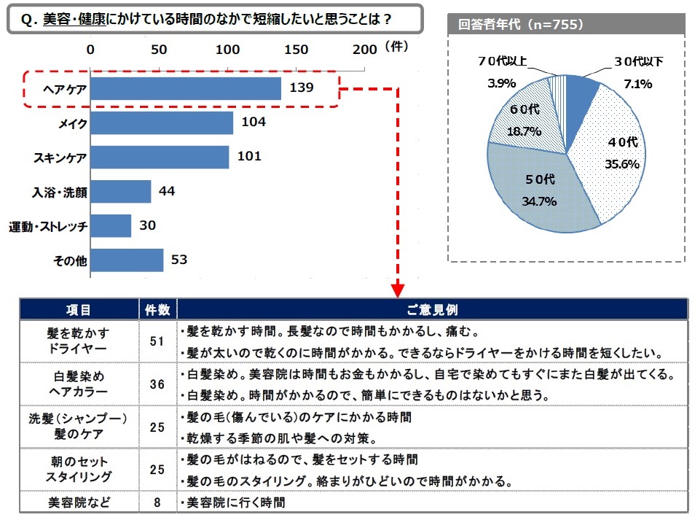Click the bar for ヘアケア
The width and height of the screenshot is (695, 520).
185,89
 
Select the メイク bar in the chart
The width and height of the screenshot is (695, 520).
161,123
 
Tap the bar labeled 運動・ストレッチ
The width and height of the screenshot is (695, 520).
110,226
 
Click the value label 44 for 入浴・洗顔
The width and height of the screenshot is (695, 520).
167,191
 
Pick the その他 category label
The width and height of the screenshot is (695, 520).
71,260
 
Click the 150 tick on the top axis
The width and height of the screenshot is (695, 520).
296,49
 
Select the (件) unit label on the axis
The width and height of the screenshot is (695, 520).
396,46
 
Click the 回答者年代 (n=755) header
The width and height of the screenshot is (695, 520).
521,24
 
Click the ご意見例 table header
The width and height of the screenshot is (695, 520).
432,309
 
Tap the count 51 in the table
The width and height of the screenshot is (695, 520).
157,341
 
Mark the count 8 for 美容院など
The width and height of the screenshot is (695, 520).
157,502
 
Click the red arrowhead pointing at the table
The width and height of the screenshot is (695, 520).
397,291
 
